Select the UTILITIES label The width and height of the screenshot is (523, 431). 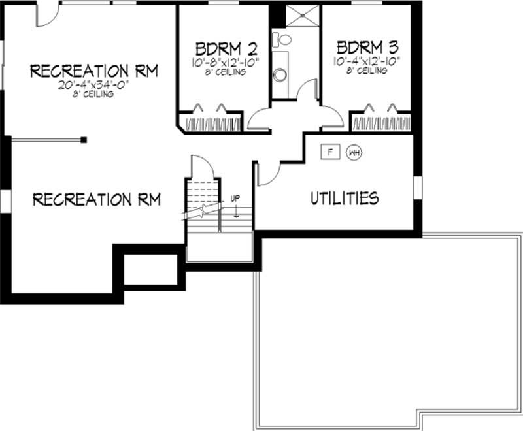(344, 197)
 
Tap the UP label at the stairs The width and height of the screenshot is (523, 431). (234, 199)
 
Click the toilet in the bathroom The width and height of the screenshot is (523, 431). (283, 39)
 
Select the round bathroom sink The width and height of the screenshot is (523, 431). (280, 74)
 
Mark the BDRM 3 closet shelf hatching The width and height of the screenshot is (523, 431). (381, 123)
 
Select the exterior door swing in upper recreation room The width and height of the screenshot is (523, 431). (46, 16)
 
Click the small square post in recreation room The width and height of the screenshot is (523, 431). (83, 139)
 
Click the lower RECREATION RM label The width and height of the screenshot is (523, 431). (96, 199)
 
